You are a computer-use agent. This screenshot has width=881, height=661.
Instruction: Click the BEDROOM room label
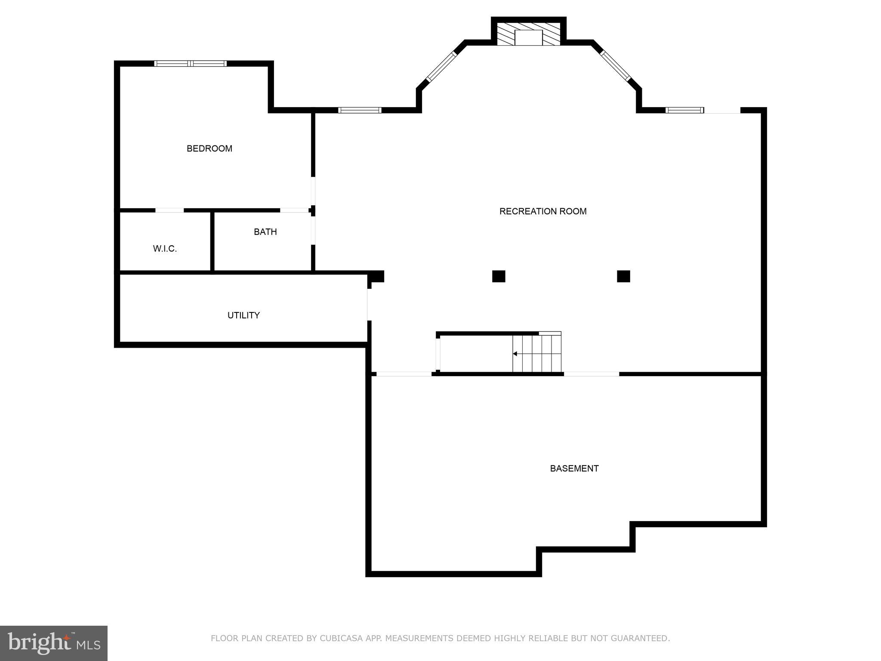click(209, 148)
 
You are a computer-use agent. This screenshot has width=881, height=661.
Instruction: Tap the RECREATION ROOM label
click(542, 211)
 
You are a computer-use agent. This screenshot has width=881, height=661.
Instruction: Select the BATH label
click(265, 232)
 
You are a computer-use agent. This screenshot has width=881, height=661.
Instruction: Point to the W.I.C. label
click(165, 249)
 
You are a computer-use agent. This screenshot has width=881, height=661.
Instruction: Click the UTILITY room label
click(243, 315)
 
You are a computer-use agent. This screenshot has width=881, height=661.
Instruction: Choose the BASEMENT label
click(574, 468)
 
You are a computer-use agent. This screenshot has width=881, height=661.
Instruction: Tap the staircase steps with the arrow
click(536, 354)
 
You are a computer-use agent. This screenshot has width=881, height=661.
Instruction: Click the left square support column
click(499, 276)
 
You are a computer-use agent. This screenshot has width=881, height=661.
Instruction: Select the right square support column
click(623, 276)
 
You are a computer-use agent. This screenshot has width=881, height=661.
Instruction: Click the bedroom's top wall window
click(191, 64)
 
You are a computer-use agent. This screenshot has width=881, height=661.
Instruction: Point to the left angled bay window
click(441, 67)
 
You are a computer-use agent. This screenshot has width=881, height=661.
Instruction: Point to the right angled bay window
click(616, 66)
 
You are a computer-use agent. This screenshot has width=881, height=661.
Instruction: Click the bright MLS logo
click(54, 643)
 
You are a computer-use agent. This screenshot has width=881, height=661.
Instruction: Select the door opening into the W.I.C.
click(169, 210)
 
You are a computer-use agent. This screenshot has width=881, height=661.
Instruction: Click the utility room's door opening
click(369, 305)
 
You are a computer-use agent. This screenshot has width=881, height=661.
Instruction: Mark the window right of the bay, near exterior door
click(684, 110)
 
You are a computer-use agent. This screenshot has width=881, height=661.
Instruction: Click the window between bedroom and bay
click(360, 110)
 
